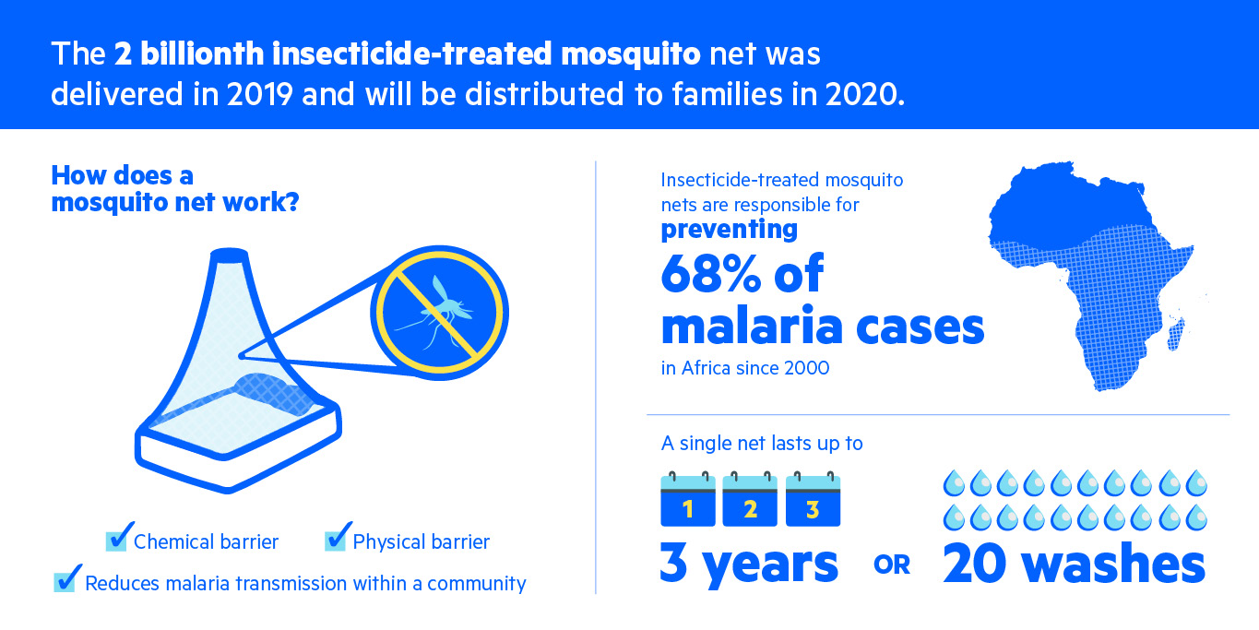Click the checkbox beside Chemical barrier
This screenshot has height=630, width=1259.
pyautogui.click(x=116, y=540)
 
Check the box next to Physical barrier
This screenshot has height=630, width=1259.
pyautogui.click(x=336, y=540)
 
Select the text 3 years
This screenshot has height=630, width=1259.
pyautogui.click(x=749, y=564)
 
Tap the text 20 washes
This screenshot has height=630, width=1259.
pyautogui.click(x=1074, y=564)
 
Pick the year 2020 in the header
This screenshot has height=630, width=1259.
pyautogui.click(x=854, y=95)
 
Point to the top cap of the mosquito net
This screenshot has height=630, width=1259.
pyautogui.click(x=231, y=255)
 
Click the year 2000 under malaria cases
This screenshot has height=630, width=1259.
pyautogui.click(x=805, y=368)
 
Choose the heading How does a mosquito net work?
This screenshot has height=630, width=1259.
pyautogui.click(x=174, y=189)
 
